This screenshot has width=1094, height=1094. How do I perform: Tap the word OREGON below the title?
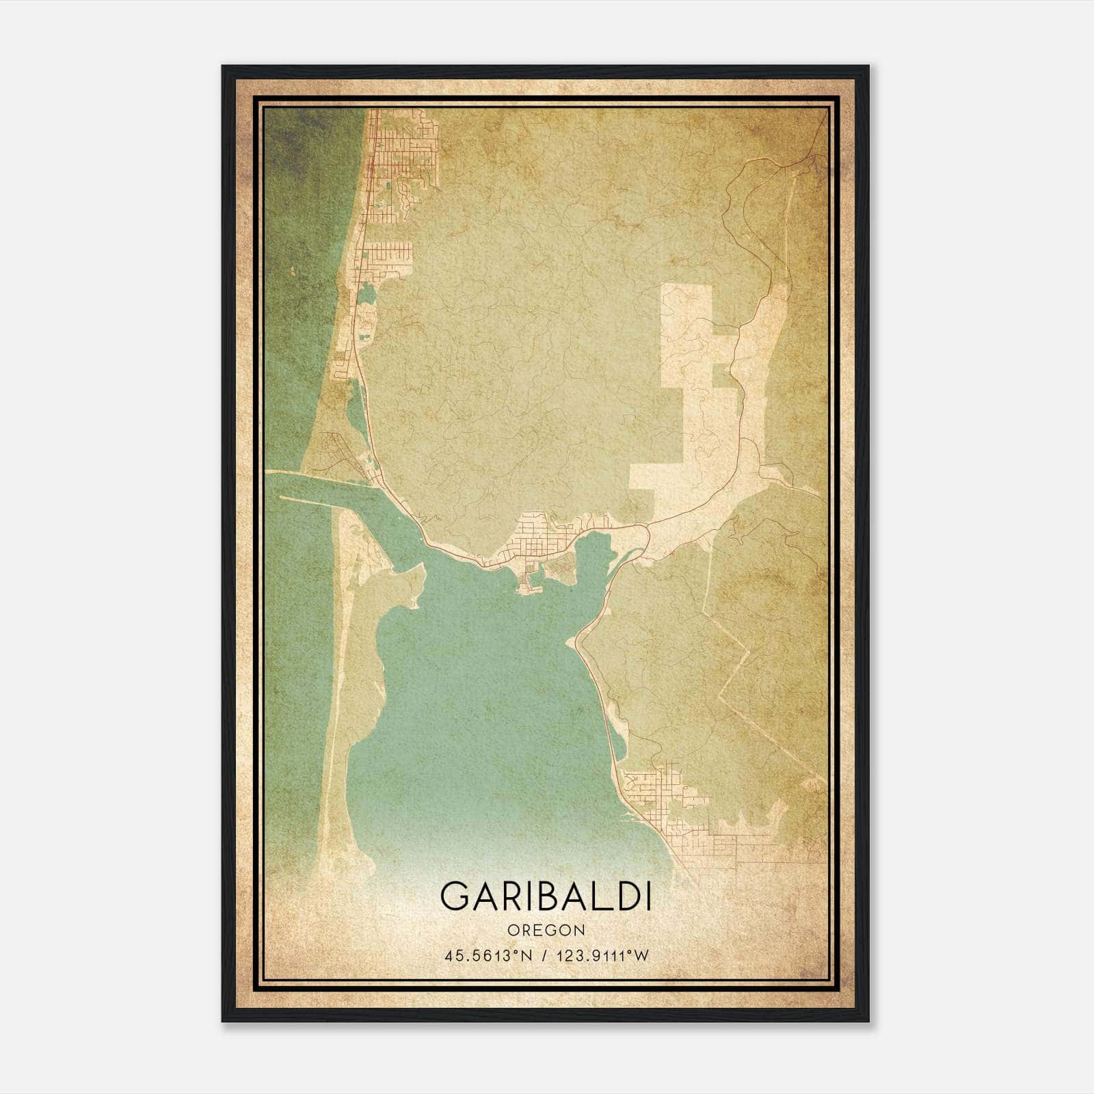(546, 931)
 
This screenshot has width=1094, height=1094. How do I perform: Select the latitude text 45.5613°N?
(487, 956)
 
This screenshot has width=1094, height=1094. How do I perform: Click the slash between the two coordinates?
(544, 956)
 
